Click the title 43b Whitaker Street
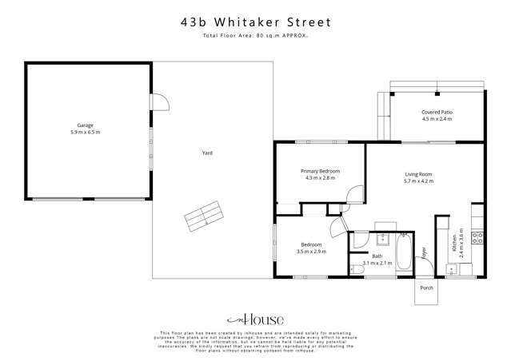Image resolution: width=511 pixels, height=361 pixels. pyautogui.click(x=255, y=23)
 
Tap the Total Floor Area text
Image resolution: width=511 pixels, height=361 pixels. pyautogui.click(x=255, y=37)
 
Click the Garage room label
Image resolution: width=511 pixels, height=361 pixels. pyautogui.click(x=86, y=125)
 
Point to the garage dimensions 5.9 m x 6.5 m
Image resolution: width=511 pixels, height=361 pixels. pyautogui.click(x=86, y=132)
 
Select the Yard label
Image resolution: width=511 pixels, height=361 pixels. pyautogui.click(x=206, y=153)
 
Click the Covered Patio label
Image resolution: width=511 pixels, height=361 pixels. pyautogui.click(x=437, y=113)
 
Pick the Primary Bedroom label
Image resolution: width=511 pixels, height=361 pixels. pyautogui.click(x=320, y=172)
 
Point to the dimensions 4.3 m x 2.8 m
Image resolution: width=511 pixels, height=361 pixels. pyautogui.click(x=320, y=178)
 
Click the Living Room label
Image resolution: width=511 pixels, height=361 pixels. pyautogui.click(x=418, y=174)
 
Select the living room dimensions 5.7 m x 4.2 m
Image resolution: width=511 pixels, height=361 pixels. pyautogui.click(x=418, y=181)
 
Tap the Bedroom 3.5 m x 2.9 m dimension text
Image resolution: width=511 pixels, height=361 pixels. pyautogui.click(x=311, y=252)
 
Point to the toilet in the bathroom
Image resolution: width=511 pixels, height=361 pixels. pyautogui.click(x=357, y=271)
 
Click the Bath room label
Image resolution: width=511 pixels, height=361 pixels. pyautogui.click(x=377, y=256)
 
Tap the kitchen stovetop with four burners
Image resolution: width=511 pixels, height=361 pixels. pyautogui.click(x=477, y=236)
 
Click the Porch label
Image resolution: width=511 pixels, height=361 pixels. pyautogui.click(x=426, y=288)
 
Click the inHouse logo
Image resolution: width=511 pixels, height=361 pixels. pyautogui.click(x=254, y=320)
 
